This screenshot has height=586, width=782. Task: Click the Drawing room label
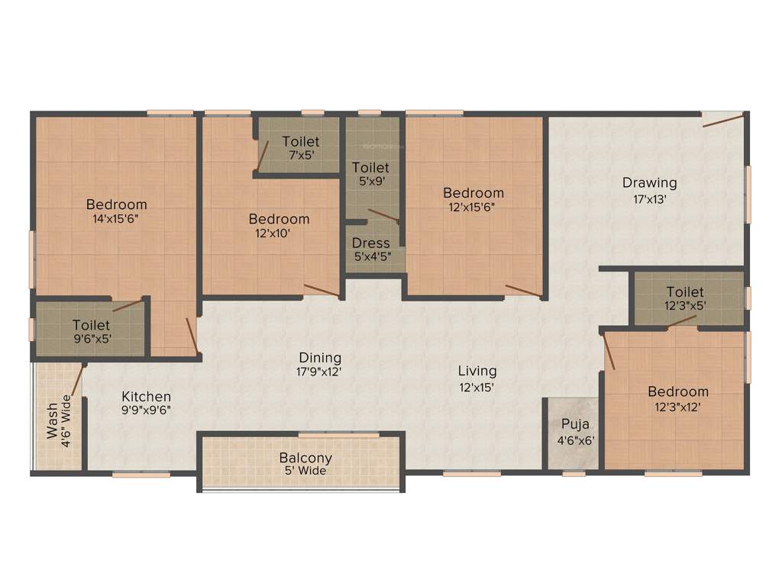click(x=649, y=183)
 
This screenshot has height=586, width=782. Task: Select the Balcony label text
click(x=305, y=458)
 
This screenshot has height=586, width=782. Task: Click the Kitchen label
click(x=146, y=397)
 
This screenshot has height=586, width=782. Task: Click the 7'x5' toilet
click(x=300, y=147)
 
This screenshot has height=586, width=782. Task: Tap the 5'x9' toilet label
click(x=370, y=168)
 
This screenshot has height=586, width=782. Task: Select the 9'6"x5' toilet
click(x=92, y=332)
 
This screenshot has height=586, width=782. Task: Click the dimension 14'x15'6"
click(x=116, y=218)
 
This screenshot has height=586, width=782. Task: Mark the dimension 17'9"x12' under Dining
click(x=320, y=372)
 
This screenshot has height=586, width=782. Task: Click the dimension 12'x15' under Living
click(x=477, y=386)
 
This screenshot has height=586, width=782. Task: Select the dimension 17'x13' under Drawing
click(x=649, y=198)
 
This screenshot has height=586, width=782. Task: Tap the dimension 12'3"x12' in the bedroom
click(x=678, y=407)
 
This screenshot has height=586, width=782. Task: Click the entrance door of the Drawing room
click(x=722, y=119)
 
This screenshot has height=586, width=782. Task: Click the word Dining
click(x=320, y=357)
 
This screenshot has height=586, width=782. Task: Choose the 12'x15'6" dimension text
click(x=473, y=206)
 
